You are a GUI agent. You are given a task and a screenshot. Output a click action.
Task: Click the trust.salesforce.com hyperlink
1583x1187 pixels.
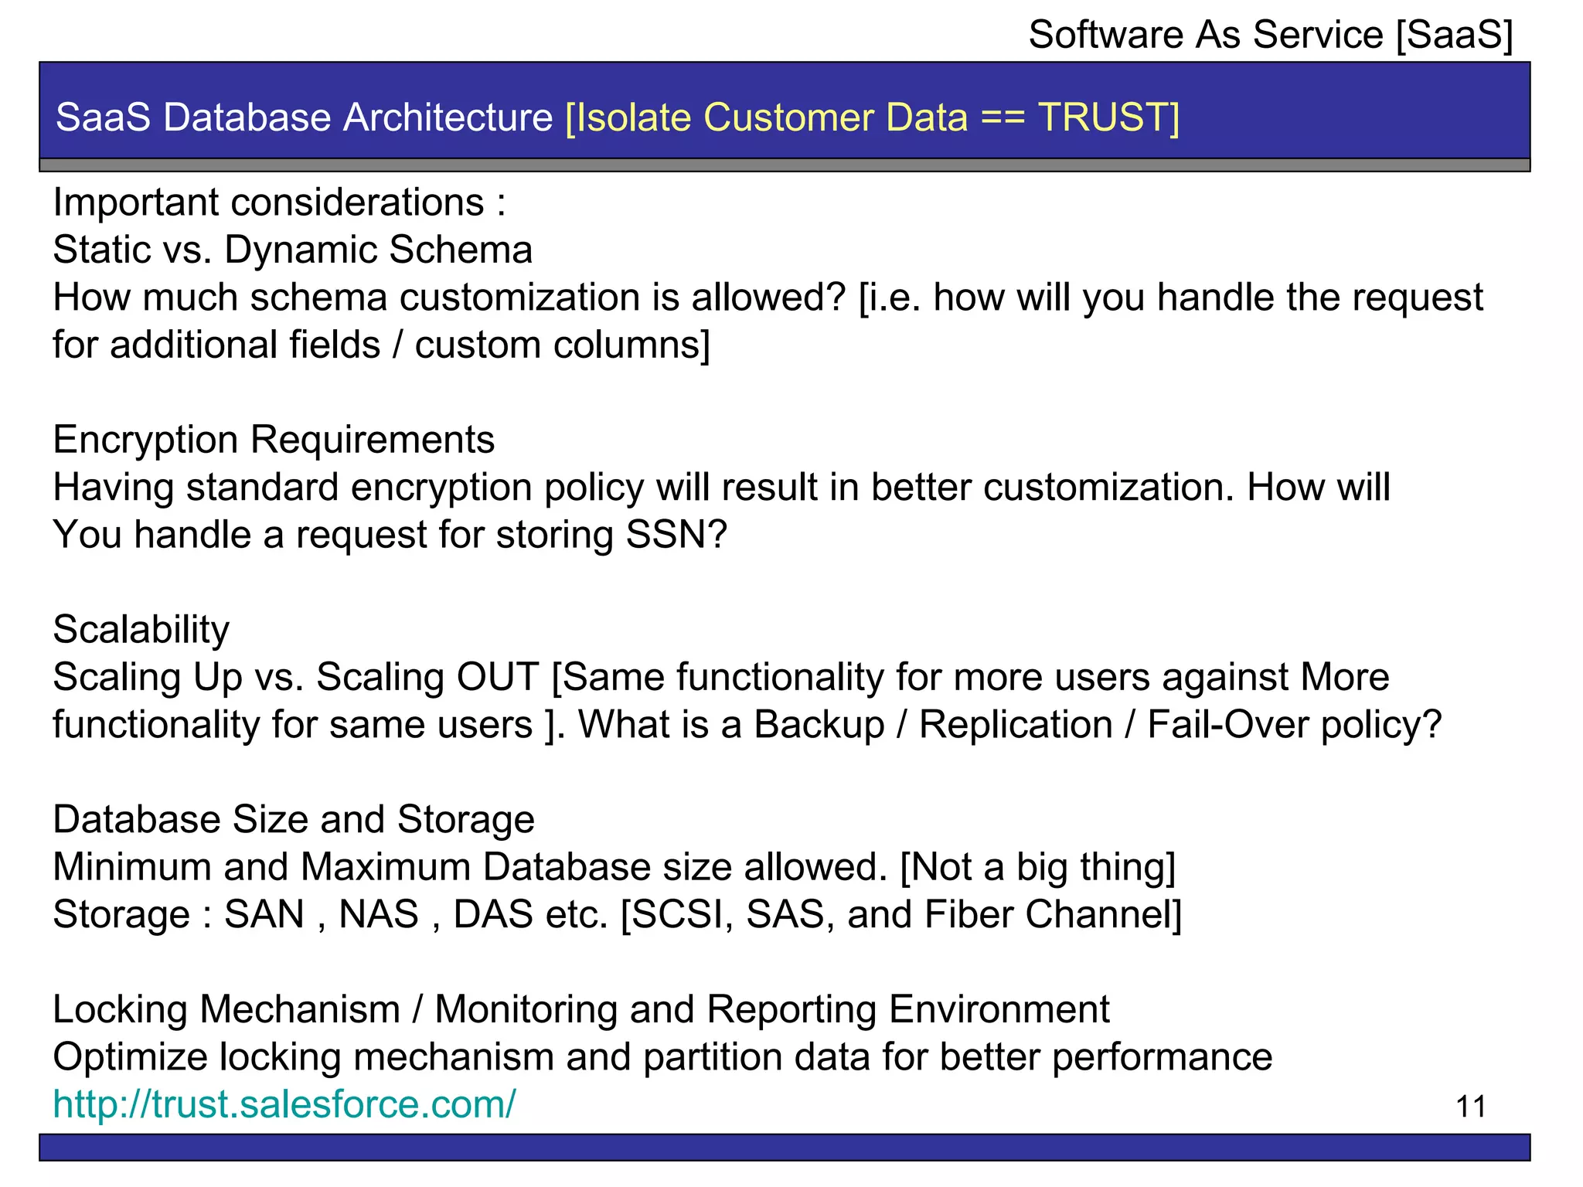[284, 1104]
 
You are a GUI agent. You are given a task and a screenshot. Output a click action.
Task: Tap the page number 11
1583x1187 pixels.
[1470, 1107]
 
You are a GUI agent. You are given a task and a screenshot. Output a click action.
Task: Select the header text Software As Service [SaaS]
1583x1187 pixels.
[1270, 36]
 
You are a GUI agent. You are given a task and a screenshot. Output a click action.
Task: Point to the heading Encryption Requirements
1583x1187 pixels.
[274, 440]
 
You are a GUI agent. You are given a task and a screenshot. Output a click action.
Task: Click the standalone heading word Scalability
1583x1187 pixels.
[141, 630]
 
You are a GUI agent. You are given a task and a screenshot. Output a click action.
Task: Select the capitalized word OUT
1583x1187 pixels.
[497, 678]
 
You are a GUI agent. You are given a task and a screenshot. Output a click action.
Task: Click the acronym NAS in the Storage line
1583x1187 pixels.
[379, 915]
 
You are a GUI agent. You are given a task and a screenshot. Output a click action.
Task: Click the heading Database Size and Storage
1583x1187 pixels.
[294, 820]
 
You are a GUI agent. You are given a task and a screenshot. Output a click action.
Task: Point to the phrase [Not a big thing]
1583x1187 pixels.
[1038, 867]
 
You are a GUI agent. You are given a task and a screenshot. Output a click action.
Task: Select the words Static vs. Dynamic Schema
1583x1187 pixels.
[292, 250]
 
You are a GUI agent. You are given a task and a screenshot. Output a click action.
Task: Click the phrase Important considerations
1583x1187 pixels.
[268, 203]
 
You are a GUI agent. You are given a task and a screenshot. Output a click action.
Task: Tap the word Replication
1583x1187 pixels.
[1016, 725]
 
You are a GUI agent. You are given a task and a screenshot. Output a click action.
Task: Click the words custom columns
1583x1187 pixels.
[561, 345]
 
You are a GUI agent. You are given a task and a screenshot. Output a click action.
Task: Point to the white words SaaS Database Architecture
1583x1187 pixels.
[305, 117]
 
